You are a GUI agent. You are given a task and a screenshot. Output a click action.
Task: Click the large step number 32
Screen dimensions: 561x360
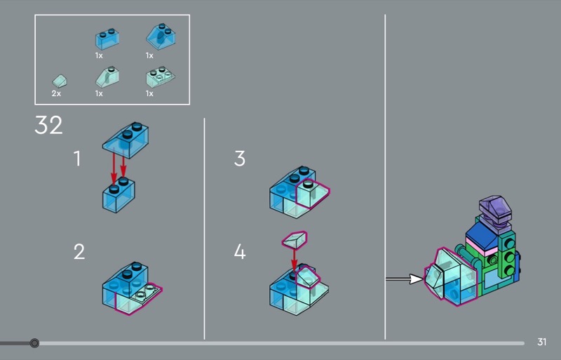48,125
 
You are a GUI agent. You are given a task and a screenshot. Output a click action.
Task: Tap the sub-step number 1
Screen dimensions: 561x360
77,159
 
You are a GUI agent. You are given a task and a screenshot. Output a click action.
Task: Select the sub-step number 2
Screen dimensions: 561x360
79,251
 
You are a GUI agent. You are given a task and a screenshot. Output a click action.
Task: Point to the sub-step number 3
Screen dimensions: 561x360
240,159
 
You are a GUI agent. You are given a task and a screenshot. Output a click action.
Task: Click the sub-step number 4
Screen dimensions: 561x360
240,251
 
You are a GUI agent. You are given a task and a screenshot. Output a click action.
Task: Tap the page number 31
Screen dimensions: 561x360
541,342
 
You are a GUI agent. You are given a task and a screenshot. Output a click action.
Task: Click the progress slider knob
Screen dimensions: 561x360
34,343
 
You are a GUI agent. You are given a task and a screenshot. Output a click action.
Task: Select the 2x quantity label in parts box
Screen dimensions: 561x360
56,93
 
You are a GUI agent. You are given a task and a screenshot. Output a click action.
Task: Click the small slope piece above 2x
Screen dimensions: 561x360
60,81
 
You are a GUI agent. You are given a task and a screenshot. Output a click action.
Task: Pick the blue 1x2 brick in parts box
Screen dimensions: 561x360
107,39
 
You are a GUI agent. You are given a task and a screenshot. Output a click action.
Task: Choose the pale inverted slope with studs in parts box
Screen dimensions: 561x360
161,76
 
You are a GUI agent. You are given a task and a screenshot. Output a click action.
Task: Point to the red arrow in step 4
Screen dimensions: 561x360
294,260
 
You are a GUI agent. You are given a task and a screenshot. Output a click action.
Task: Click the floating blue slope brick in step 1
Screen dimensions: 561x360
126,140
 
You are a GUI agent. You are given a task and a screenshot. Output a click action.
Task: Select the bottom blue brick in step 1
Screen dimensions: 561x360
119,195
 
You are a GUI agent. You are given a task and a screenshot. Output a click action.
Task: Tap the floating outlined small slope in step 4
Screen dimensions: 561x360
295,239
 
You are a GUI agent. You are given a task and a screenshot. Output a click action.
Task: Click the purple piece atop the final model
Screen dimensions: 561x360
496,211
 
